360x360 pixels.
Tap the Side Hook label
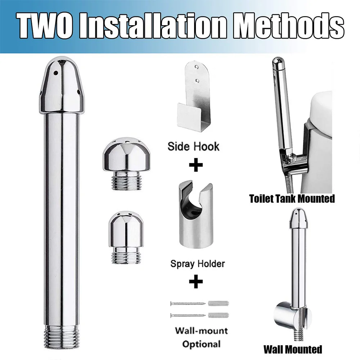click(x=193, y=146)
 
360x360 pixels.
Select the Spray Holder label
click(x=197, y=264)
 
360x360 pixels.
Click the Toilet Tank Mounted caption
click(x=292, y=198)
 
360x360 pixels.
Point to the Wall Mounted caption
click(x=292, y=348)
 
